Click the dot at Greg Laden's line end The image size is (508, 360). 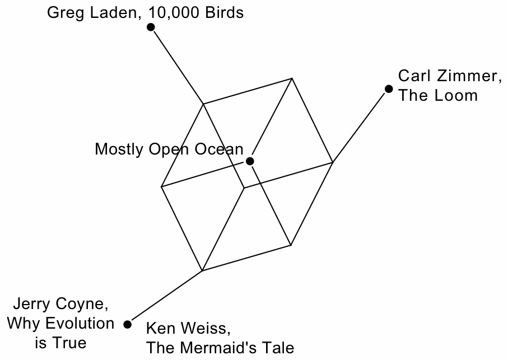click(x=151, y=27)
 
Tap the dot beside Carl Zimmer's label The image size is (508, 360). click(x=389, y=89)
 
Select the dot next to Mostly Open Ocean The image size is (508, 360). click(x=250, y=161)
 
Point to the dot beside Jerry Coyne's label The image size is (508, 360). click(x=128, y=324)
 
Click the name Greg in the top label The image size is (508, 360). click(x=62, y=13)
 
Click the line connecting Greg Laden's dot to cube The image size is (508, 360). click(x=176, y=65)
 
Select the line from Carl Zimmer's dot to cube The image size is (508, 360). click(x=361, y=126)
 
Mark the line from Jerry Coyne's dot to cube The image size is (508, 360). click(x=165, y=297)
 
